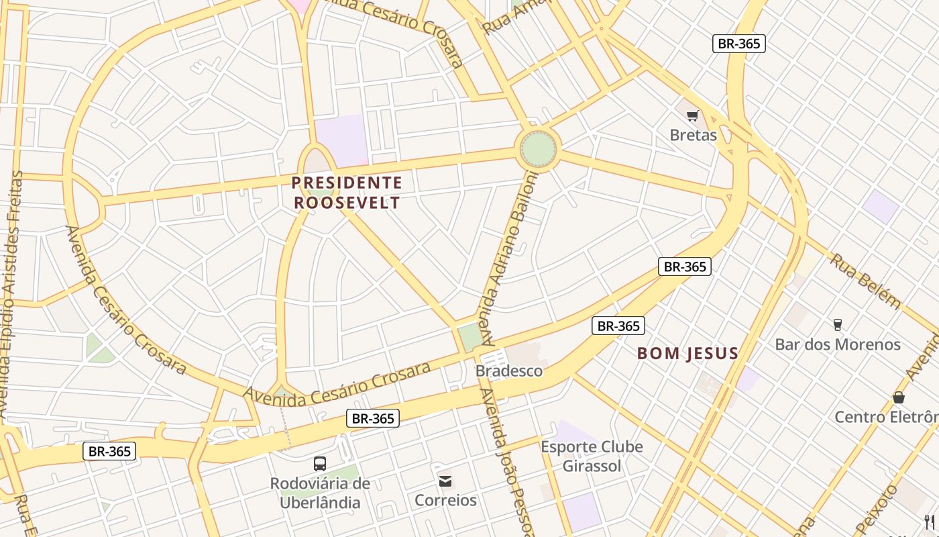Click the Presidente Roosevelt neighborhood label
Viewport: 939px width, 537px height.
(x=347, y=193)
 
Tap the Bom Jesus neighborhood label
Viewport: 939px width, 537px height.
(x=687, y=353)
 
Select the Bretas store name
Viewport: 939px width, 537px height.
(x=693, y=135)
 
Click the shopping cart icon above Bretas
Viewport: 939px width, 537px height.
(x=693, y=116)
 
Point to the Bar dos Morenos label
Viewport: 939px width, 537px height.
(x=837, y=344)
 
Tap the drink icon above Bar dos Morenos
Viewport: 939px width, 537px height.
(x=837, y=325)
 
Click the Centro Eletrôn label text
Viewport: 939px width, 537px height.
(x=886, y=417)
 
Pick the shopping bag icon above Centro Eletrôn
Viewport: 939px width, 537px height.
(x=899, y=397)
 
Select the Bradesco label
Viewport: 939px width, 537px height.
(x=508, y=371)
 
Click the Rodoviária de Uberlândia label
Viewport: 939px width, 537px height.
(x=320, y=493)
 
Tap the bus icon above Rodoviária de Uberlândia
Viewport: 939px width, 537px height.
(x=320, y=463)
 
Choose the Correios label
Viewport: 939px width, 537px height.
(x=445, y=500)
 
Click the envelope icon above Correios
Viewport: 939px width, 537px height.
(x=445, y=481)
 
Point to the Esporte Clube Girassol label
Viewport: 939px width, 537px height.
(x=592, y=456)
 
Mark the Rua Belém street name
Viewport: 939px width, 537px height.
(x=865, y=280)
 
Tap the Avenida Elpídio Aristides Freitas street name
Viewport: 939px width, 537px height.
(x=12, y=295)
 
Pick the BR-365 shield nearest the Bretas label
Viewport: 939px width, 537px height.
(x=738, y=44)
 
